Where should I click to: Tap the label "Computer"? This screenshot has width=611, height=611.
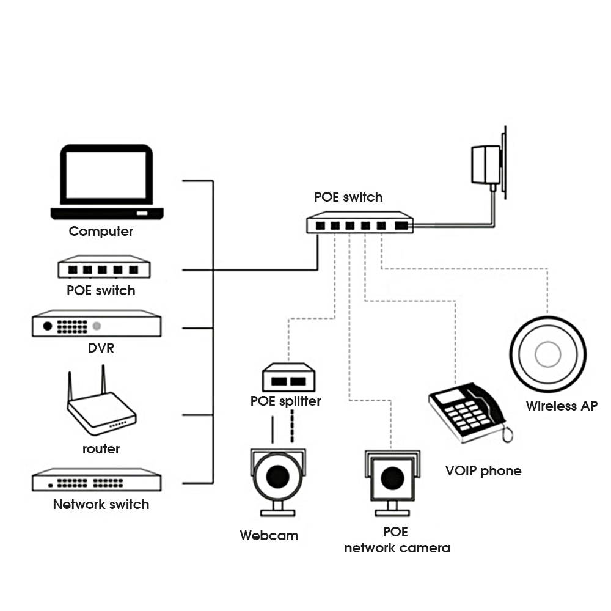coord(101,232)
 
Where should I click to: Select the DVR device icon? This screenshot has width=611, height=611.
coord(97,324)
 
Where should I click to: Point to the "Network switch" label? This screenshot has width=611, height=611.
coord(101,505)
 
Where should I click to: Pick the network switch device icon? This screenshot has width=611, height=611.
coord(97,480)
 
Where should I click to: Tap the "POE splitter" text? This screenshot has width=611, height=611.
coord(285,401)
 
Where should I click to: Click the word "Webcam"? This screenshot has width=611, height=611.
coord(269,536)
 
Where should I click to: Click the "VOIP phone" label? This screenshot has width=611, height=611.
coord(483,470)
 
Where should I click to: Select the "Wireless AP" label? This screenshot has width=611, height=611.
coord(562,406)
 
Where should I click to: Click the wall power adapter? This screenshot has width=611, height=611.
coord(486,164)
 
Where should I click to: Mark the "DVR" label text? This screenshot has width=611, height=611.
coord(101,349)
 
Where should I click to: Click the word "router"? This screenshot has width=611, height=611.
coord(101,449)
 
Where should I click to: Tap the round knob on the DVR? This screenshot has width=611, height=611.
coord(48,326)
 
